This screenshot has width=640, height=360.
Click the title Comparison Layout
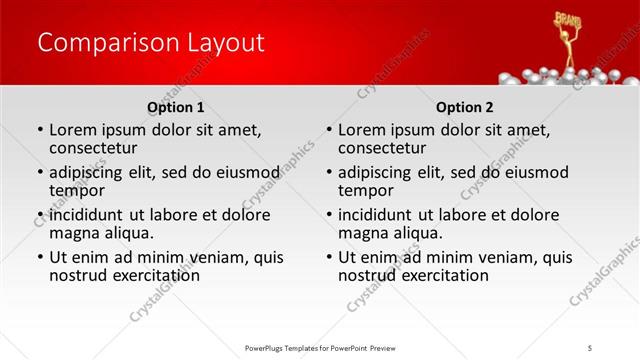tap(151, 43)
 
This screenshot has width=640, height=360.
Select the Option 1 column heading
tap(176, 107)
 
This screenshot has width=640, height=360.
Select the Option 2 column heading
tap(465, 107)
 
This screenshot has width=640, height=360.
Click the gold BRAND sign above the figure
tap(568, 19)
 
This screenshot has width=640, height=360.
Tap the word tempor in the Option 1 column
tap(77, 190)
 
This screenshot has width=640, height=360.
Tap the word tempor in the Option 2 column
tap(366, 190)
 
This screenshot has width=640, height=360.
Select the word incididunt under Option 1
tap(86, 214)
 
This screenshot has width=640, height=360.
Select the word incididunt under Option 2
tap(375, 214)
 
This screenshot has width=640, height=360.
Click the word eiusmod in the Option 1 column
tap(245, 172)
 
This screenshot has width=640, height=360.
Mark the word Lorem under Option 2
tap(361, 130)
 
